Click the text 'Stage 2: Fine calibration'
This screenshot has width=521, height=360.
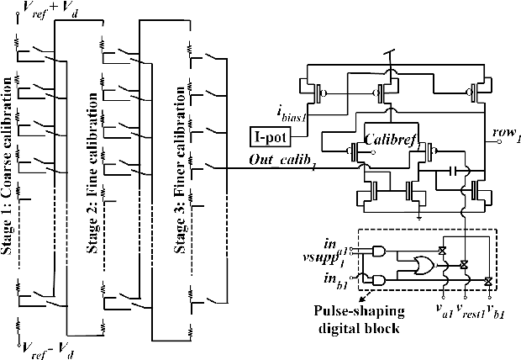click(94, 180)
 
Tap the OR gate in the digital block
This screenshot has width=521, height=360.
click(418, 263)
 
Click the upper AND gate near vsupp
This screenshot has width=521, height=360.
click(382, 251)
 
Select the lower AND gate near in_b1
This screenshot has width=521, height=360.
click(382, 279)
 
